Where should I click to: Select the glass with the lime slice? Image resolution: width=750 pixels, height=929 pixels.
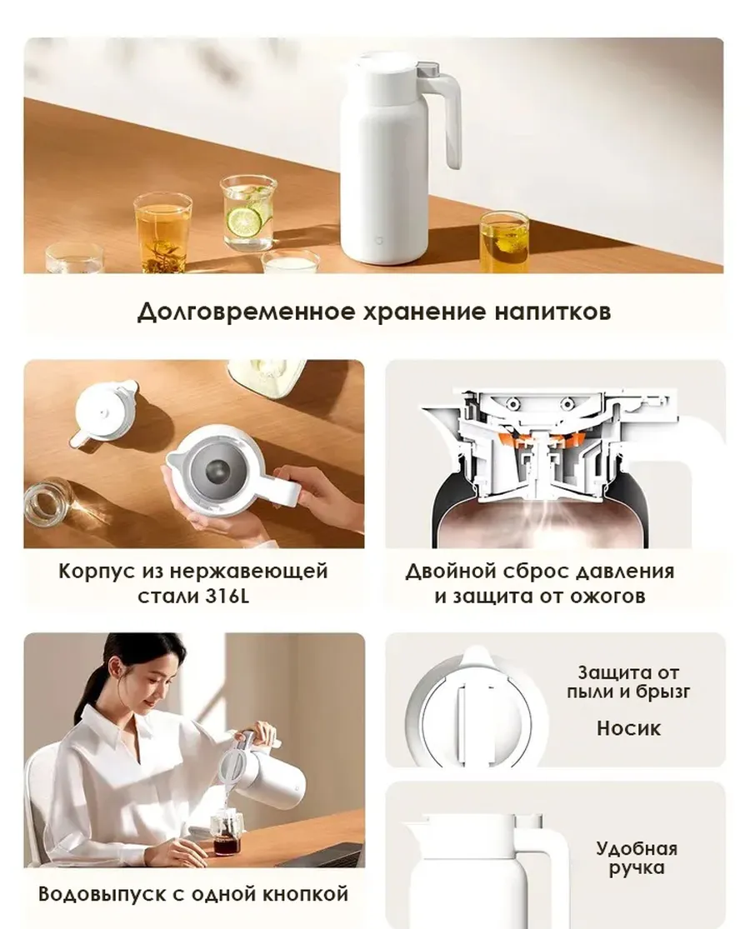[248, 212]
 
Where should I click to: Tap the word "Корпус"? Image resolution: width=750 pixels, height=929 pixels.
[96, 572]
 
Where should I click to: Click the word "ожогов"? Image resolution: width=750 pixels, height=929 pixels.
[609, 597]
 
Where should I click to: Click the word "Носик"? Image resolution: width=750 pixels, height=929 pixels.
[628, 728]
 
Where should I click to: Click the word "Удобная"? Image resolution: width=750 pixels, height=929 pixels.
[636, 849]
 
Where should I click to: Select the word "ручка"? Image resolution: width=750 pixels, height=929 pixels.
[636, 868]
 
